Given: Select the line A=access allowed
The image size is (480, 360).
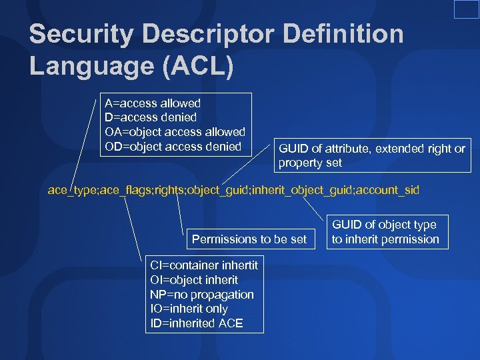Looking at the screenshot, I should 153,103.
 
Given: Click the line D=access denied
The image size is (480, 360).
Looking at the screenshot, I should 151,118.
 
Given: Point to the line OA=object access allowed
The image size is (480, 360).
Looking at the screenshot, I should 175,132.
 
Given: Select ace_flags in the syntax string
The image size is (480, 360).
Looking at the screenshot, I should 126,190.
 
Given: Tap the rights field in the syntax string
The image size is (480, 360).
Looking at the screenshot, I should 170,190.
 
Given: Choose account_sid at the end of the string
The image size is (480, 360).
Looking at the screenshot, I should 388,190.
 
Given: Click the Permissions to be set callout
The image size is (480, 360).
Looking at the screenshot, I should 249,239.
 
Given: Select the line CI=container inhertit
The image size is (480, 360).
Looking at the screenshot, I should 203,265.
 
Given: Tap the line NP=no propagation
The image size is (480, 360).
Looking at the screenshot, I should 202,295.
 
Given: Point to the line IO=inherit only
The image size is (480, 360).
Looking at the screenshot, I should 189,309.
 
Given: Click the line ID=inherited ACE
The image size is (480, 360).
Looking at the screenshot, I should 196,324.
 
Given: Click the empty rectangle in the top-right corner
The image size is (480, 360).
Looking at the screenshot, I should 466,9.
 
